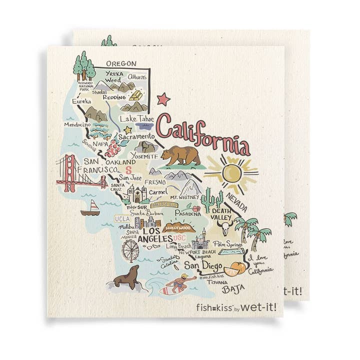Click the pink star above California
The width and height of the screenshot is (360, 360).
tap(163, 99)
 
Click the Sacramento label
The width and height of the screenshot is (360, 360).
tap(136, 136)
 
